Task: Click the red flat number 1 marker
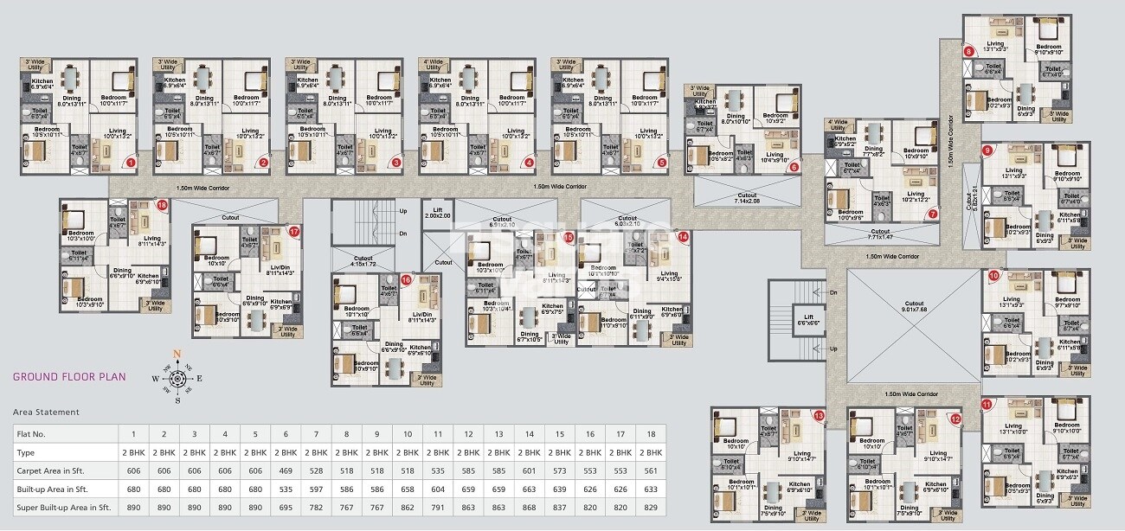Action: click(132, 162)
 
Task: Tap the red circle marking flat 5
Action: click(662, 162)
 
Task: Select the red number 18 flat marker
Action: click(163, 205)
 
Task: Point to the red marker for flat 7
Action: click(932, 214)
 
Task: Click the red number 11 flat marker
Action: click(987, 404)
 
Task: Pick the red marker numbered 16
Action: click(406, 279)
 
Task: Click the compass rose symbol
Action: click(177, 378)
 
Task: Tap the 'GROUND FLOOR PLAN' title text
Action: click(69, 377)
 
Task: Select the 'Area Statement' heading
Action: click(46, 413)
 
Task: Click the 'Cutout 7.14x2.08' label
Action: click(745, 198)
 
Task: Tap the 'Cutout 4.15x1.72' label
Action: click(363, 260)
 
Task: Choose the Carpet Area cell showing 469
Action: click(285, 470)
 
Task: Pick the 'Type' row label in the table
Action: click(26, 452)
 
